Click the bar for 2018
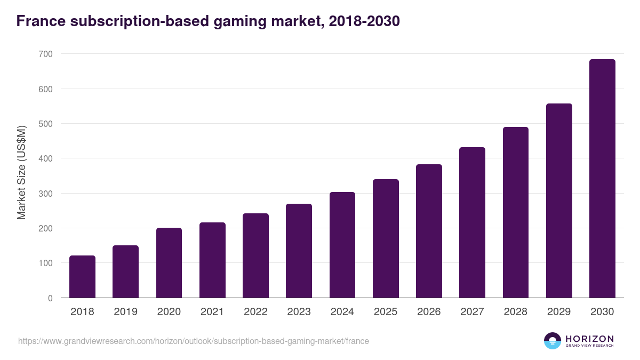point(82,277)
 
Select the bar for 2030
point(602,179)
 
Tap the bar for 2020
point(169,263)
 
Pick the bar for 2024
point(342,245)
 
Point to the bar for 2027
point(472,222)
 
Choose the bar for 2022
point(255,255)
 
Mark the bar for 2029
point(559,201)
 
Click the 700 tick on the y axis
point(45,54)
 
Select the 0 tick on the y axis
point(50,298)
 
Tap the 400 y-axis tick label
point(45,158)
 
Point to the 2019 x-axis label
point(125,312)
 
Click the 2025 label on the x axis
point(386,312)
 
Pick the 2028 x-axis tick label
point(515,312)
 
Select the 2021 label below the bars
point(212,312)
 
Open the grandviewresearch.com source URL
point(193,341)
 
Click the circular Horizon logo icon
point(553,341)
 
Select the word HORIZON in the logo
point(589,338)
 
